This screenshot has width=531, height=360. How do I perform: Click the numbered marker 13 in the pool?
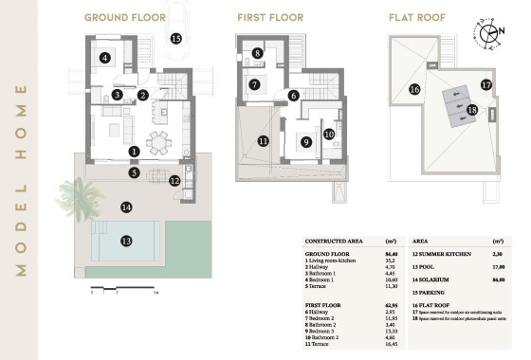coord(126,242)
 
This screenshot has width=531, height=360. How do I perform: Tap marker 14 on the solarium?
coord(125,207)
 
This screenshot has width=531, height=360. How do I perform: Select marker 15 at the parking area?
coord(175,38)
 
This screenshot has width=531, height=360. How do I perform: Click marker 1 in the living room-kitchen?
coord(134,151)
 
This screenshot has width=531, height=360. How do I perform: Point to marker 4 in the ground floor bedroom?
coord(105,58)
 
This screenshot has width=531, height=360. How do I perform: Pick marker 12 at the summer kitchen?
coord(174,181)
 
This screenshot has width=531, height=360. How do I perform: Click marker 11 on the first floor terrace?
coord(263,142)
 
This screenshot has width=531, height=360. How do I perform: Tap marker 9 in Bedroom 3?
coord(305,142)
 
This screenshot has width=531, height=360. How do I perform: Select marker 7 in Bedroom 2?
coord(254,84)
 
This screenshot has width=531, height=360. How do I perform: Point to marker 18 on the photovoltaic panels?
coord(472,110)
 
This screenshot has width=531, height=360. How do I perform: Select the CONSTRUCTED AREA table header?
coord(337,242)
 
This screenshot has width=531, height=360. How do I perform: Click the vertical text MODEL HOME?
coord(21,180)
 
